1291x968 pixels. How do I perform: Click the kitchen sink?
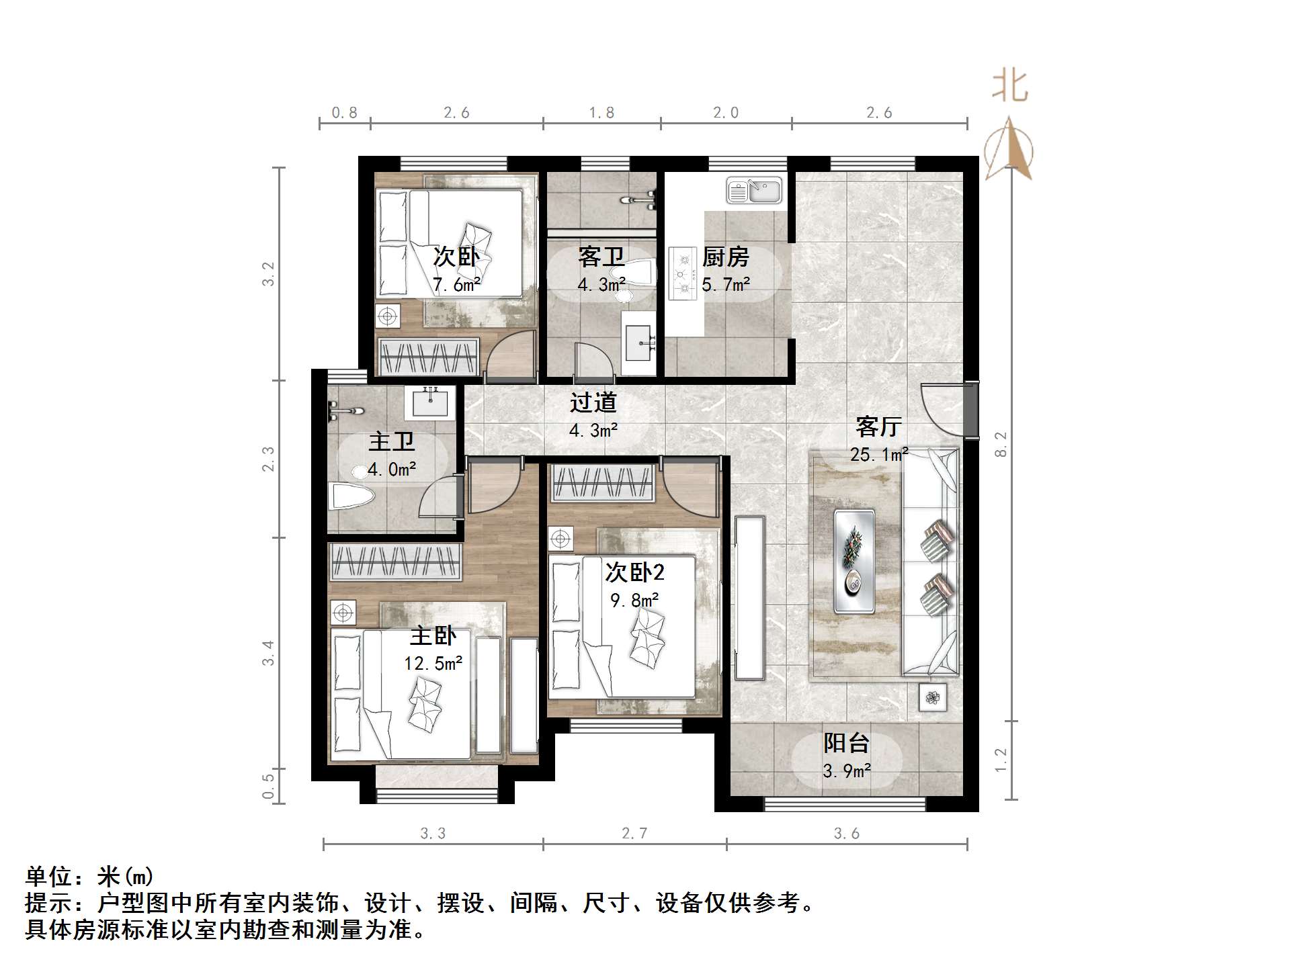[x=754, y=191]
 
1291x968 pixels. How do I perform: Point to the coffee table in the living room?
[x=854, y=562]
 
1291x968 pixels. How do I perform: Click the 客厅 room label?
[x=878, y=427]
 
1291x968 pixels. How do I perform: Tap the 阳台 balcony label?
[x=846, y=743]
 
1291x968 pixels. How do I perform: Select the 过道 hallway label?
[x=593, y=402]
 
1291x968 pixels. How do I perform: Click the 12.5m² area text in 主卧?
[x=433, y=664]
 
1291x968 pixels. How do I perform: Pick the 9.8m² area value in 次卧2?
[x=634, y=600]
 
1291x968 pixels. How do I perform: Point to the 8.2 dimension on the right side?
[x=1001, y=444]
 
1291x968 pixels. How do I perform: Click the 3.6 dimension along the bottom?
[x=846, y=834]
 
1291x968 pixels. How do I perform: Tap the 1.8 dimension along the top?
[x=601, y=113]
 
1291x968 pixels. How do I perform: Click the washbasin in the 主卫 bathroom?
[x=430, y=402]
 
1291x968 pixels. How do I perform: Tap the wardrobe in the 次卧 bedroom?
[x=429, y=355]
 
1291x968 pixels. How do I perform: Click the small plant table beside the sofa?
[x=932, y=698]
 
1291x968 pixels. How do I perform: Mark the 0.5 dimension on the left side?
[x=268, y=786]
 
